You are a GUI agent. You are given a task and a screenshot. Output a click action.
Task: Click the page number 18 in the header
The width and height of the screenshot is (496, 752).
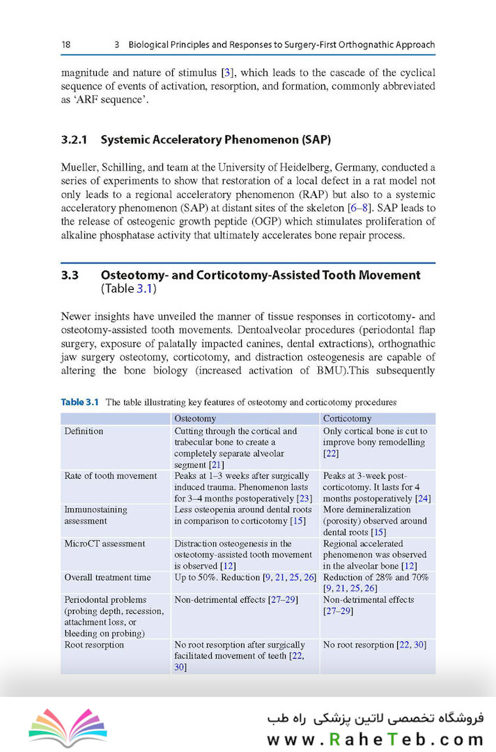(x=65, y=45)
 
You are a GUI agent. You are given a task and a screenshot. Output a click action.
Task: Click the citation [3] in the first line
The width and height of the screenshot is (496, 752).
(x=226, y=72)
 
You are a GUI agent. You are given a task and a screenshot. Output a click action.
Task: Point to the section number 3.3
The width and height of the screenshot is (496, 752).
(x=69, y=275)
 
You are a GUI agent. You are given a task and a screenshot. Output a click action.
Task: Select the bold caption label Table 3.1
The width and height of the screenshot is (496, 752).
(x=80, y=402)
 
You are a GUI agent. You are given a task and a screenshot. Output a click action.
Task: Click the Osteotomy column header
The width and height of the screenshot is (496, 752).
(x=194, y=418)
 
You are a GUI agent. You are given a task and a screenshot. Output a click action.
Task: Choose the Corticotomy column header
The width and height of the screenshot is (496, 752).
(x=347, y=418)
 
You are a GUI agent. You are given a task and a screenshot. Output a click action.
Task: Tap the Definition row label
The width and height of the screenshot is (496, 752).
(x=84, y=431)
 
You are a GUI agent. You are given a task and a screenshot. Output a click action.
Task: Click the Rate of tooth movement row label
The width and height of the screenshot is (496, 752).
(x=110, y=476)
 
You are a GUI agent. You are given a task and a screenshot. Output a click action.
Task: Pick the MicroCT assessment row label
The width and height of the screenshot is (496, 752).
(x=104, y=544)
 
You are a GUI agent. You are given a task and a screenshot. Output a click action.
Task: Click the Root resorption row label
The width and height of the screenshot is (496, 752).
(x=94, y=645)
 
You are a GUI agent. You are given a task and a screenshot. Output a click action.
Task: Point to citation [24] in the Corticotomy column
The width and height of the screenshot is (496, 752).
(x=423, y=498)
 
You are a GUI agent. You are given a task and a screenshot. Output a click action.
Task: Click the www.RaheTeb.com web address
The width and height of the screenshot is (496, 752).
(x=375, y=738)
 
